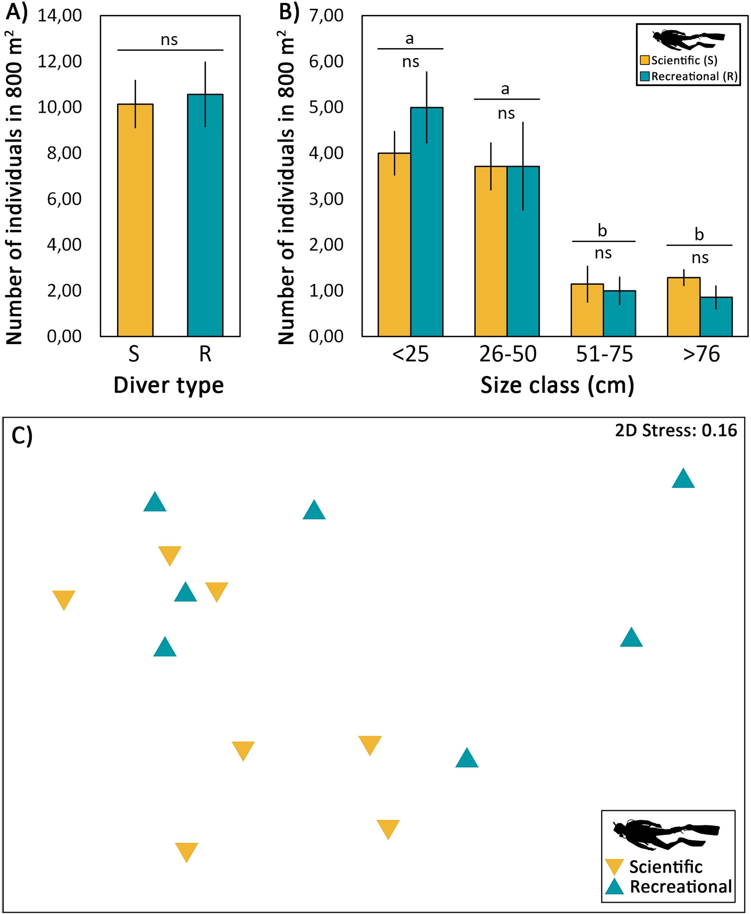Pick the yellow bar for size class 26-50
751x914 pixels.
point(490,251)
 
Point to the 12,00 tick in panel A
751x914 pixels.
point(59,61)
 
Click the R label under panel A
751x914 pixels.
point(205,354)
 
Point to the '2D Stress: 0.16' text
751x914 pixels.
point(676,430)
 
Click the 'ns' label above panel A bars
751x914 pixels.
point(169,40)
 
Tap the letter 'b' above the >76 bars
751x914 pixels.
point(699,234)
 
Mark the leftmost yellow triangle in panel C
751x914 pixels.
point(63,599)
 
